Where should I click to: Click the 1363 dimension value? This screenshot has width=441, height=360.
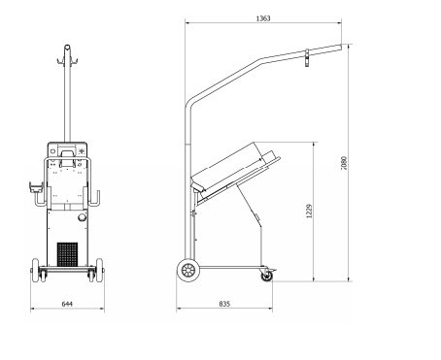click(263, 18)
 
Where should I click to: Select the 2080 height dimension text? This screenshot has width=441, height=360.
click(344, 163)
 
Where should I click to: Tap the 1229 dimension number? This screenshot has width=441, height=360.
click(309, 211)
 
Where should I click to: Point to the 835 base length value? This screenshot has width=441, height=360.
click(224, 304)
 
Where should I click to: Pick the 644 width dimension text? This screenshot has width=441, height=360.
click(67, 304)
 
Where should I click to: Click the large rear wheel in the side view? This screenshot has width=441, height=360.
click(188, 270)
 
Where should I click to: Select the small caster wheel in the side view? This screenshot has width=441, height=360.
click(267, 276)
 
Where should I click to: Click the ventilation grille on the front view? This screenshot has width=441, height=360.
click(67, 254)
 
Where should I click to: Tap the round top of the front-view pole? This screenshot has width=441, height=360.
click(67, 48)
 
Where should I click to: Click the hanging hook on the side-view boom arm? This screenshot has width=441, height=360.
click(307, 58)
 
